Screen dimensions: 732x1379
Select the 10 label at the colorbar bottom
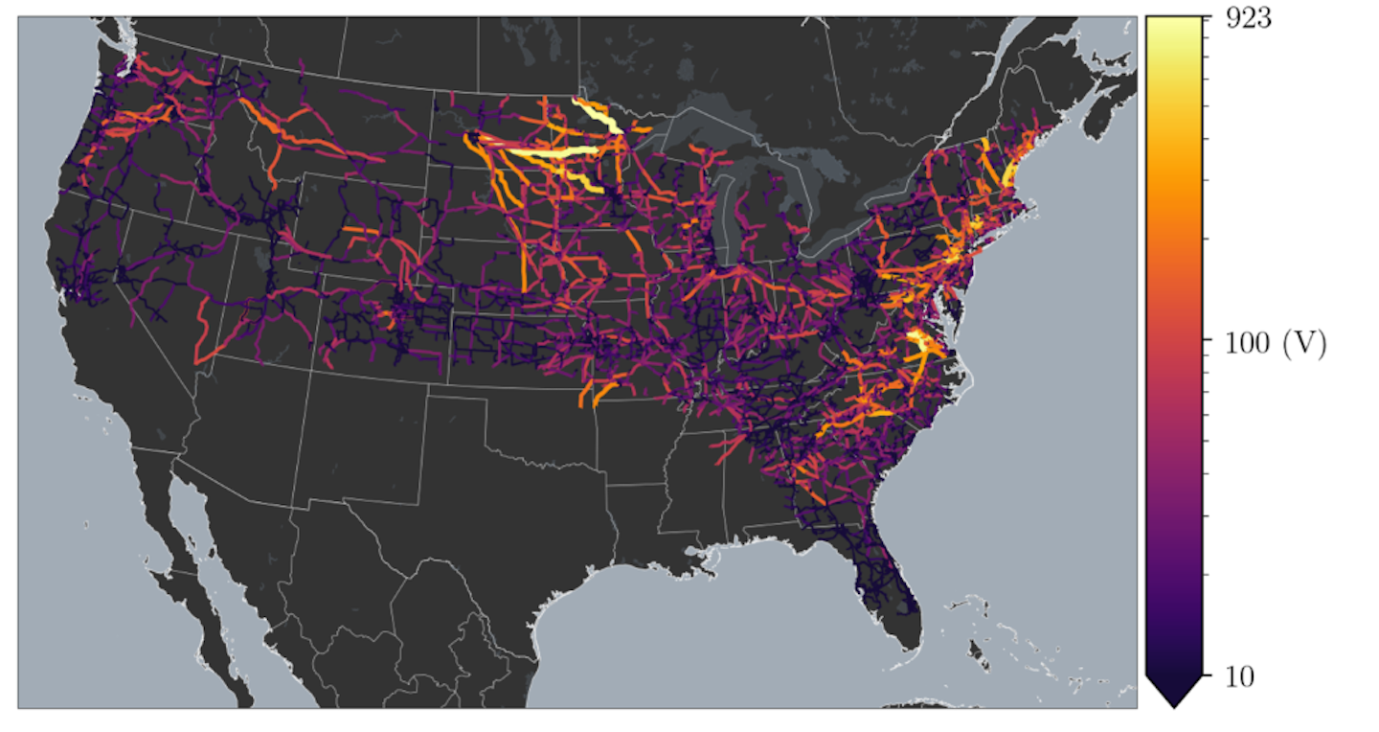click(x=1240, y=677)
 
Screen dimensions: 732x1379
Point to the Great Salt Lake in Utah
click(x=260, y=257)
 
